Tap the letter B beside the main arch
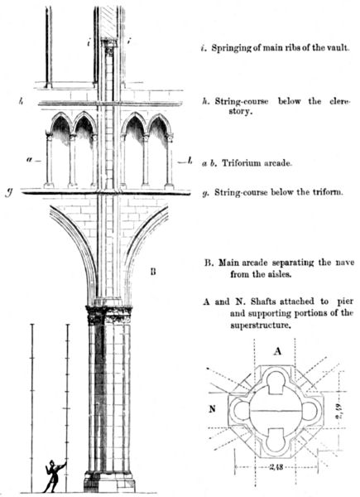tap(153, 272)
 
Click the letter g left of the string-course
tap(10, 193)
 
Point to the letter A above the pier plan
tap(277, 351)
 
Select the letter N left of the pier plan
tap(212, 409)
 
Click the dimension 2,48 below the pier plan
tap(276, 466)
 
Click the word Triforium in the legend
tap(242, 163)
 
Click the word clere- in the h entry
tap(340, 101)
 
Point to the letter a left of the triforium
tap(30, 160)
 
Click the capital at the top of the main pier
tap(108, 315)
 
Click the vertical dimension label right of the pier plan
tap(338, 412)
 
